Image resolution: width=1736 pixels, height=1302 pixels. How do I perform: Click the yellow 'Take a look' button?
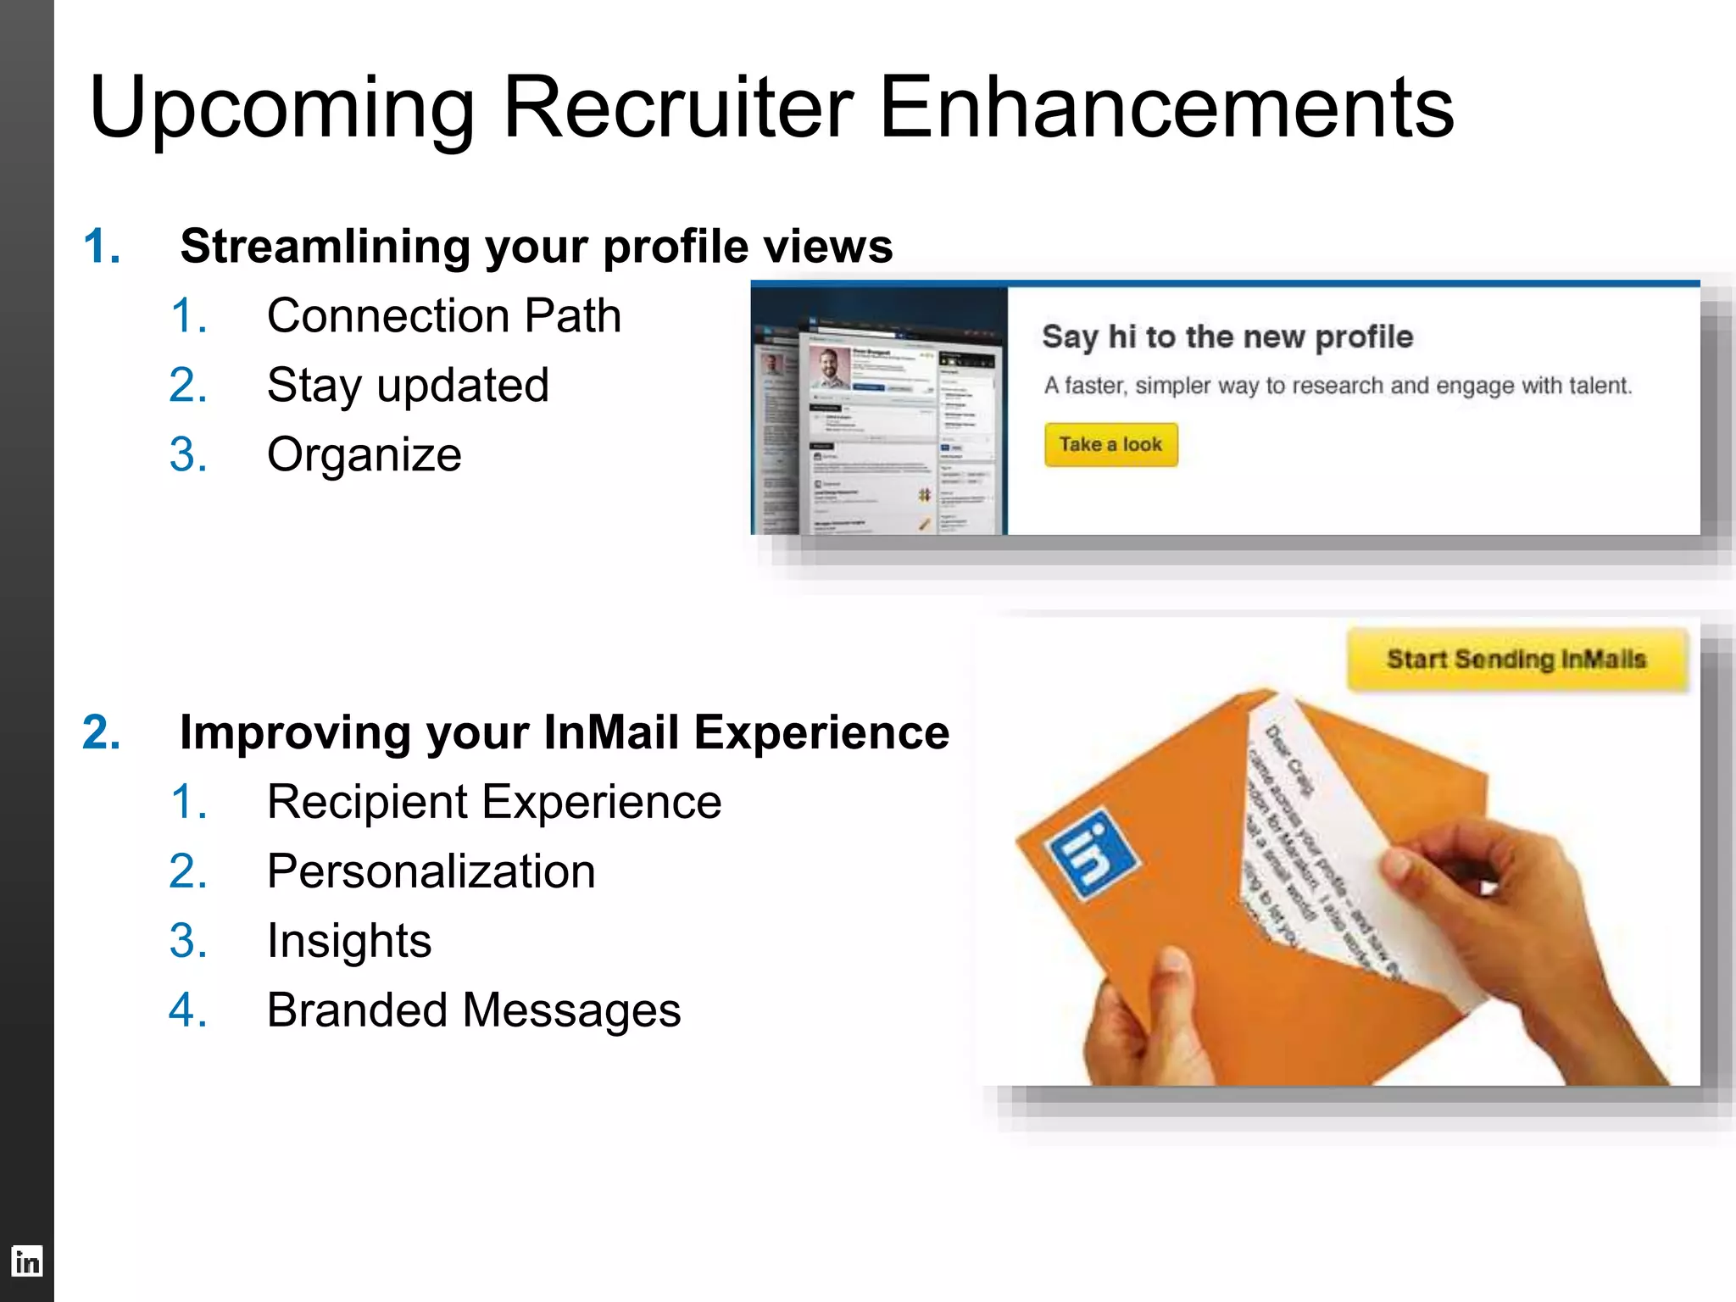click(1110, 445)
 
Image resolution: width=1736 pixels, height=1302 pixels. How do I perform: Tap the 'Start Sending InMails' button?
click(1516, 659)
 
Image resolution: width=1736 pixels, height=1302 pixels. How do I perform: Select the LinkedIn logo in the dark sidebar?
click(27, 1261)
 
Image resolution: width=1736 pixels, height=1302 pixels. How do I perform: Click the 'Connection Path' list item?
click(443, 316)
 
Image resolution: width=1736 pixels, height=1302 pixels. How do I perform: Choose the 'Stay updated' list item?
click(408, 386)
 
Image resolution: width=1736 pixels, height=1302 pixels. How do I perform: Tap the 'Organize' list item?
click(364, 455)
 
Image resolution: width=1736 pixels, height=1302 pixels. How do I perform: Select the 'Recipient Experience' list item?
click(493, 802)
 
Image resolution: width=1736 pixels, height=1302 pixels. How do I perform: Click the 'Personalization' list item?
click(431, 871)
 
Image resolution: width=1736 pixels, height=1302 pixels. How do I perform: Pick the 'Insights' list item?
click(348, 941)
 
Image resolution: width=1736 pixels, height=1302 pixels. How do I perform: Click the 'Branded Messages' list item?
click(473, 1010)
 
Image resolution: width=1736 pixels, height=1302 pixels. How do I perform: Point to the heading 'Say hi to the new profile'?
click(1227, 337)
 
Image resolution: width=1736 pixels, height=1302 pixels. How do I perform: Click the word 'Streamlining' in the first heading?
click(325, 247)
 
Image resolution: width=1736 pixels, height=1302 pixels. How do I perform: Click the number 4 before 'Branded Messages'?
click(187, 1010)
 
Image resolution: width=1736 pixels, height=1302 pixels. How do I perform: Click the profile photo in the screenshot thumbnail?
click(830, 367)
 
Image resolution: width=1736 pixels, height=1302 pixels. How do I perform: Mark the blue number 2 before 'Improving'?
click(101, 732)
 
